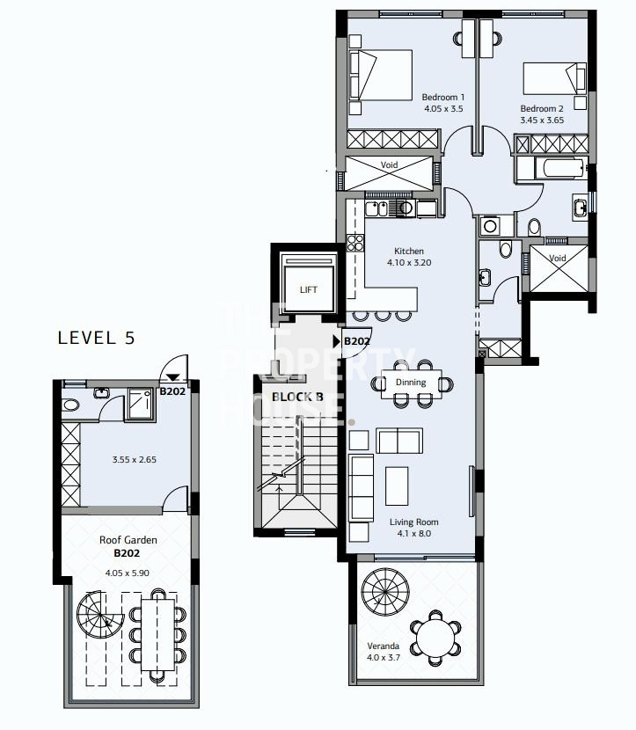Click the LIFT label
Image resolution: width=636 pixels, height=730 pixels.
click(308, 289)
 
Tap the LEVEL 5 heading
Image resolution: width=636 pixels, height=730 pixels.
click(97, 338)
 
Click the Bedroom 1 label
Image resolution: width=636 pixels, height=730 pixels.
click(442, 98)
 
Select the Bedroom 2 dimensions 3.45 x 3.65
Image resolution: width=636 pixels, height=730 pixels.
click(542, 120)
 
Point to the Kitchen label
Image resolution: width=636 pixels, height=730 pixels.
click(409, 251)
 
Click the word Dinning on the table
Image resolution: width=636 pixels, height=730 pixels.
click(411, 383)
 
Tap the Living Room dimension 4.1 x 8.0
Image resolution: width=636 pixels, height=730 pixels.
click(414, 534)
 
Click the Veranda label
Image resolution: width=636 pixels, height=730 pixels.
click(383, 646)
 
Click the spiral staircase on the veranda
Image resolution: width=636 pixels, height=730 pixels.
click(385, 592)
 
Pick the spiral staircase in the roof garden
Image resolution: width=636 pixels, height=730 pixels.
click(99, 615)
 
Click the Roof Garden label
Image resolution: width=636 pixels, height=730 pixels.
click(128, 540)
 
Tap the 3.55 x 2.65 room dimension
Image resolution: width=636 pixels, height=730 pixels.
click(134, 459)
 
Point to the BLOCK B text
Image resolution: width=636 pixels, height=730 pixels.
click(297, 398)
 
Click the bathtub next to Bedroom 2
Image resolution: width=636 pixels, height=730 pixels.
click(552, 169)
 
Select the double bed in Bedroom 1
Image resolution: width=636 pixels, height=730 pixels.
click(380, 75)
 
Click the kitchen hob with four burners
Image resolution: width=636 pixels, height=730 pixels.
click(355, 243)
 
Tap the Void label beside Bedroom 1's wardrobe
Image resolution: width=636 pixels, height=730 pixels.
click(389, 164)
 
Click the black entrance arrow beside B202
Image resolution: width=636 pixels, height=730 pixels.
click(337, 341)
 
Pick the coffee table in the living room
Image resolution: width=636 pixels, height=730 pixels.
click(397, 486)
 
